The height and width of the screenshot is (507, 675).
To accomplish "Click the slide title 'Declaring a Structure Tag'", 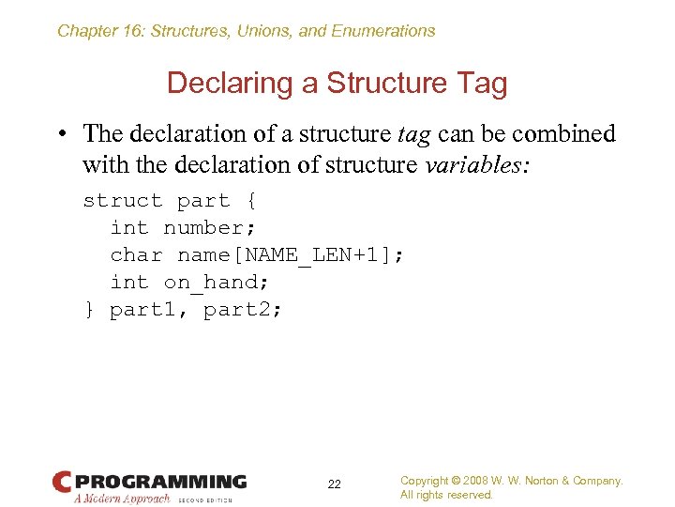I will [x=337, y=84].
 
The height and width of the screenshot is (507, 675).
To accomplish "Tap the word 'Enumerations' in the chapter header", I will [x=382, y=31].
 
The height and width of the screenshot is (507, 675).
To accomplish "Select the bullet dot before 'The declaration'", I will [x=63, y=135].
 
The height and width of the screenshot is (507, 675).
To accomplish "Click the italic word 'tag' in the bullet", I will [x=413, y=134].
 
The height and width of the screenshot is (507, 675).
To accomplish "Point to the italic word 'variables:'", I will [x=478, y=164].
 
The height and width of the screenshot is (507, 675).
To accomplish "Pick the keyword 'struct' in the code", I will [x=123, y=201].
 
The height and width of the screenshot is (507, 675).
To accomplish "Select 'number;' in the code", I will [x=210, y=228].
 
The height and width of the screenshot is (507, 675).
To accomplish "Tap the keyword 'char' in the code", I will [x=136, y=255].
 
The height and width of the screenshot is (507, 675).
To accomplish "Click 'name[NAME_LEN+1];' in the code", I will [x=291, y=255].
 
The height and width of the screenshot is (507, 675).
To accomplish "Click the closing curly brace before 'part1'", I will [x=89, y=310].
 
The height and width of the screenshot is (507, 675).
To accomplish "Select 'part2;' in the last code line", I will [x=242, y=310].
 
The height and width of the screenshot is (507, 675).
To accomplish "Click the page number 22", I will [x=335, y=484].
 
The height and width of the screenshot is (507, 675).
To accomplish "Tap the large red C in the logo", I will [x=62, y=483].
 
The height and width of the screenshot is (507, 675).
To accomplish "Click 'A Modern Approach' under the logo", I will [x=122, y=499].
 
